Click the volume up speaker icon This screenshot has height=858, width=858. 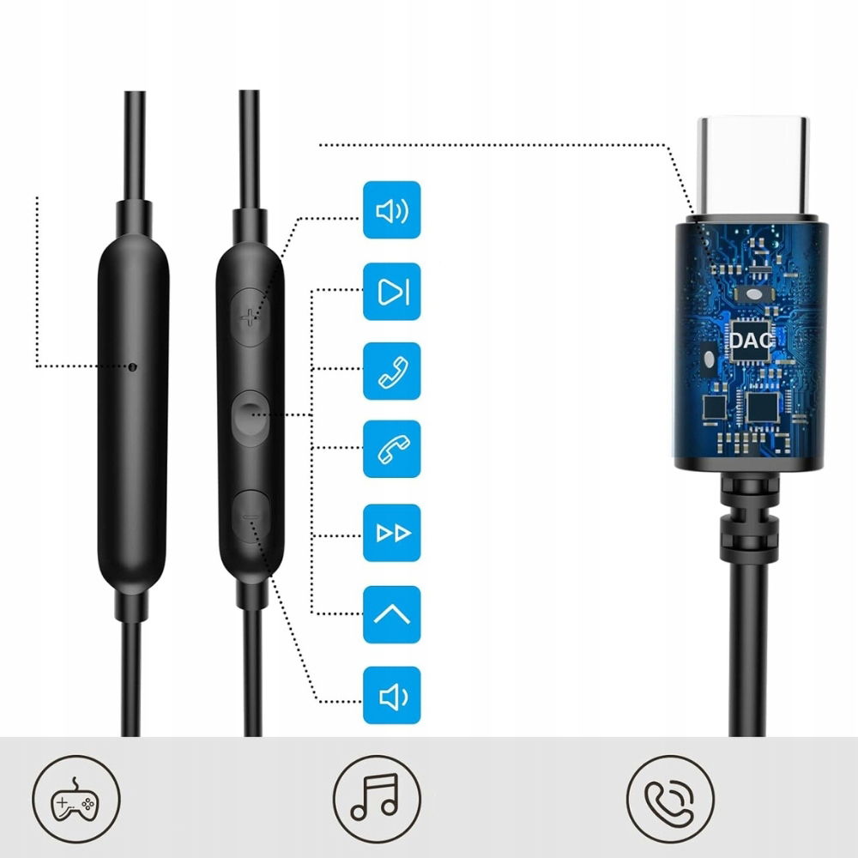pyautogui.click(x=392, y=210)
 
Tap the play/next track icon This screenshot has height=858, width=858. pyautogui.click(x=392, y=292)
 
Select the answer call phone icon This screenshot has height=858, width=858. pyautogui.click(x=392, y=371)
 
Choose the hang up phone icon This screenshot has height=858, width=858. pyautogui.click(x=392, y=449)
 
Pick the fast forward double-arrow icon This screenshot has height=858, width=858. pyautogui.click(x=392, y=533)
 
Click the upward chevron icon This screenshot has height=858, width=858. pyautogui.click(x=392, y=614)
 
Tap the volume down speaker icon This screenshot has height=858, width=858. pyautogui.click(x=392, y=695)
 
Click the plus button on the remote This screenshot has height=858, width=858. pyautogui.click(x=249, y=317)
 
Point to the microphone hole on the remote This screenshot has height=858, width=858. pyautogui.click(x=132, y=366)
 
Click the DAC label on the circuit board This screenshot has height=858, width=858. pyautogui.click(x=751, y=339)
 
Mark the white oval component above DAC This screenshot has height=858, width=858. pyautogui.click(x=753, y=293)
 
